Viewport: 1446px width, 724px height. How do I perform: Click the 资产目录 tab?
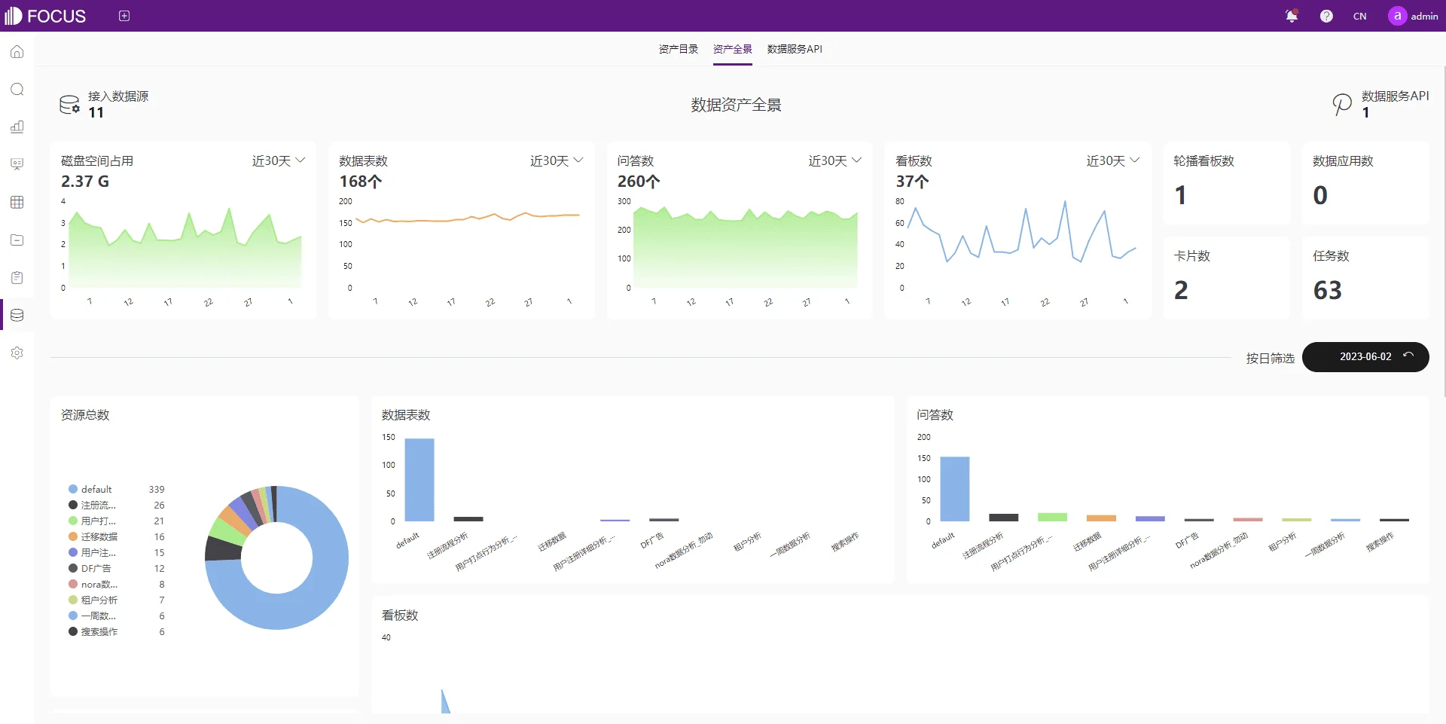point(678,49)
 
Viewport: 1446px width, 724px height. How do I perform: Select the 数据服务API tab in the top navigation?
point(795,49)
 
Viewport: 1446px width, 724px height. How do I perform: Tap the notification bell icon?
point(1292,16)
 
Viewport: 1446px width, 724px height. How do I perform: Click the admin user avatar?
point(1397,16)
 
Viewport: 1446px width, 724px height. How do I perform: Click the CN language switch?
point(1359,16)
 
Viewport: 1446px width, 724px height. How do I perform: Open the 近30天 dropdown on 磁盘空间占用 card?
point(279,160)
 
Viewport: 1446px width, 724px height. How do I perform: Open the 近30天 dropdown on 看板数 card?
point(1113,160)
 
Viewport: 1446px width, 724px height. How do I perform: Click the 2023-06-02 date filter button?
point(1365,356)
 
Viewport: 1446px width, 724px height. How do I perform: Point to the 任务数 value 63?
point(1327,290)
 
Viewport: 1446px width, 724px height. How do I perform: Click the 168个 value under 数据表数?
point(361,182)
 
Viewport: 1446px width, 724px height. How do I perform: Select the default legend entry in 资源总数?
point(96,489)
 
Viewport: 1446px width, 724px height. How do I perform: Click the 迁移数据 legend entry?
point(99,536)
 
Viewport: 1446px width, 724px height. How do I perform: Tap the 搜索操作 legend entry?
point(99,631)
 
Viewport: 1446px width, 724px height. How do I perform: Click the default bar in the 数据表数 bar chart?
point(419,479)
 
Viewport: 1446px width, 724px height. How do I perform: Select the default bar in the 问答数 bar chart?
point(955,488)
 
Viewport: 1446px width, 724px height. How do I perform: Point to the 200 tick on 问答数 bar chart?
point(923,437)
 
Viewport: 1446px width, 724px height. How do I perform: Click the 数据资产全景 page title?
point(736,105)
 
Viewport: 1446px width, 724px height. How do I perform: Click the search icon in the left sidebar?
point(17,90)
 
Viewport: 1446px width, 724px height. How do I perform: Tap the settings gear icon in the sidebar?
point(17,353)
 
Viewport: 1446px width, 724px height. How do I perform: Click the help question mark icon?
point(1326,16)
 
